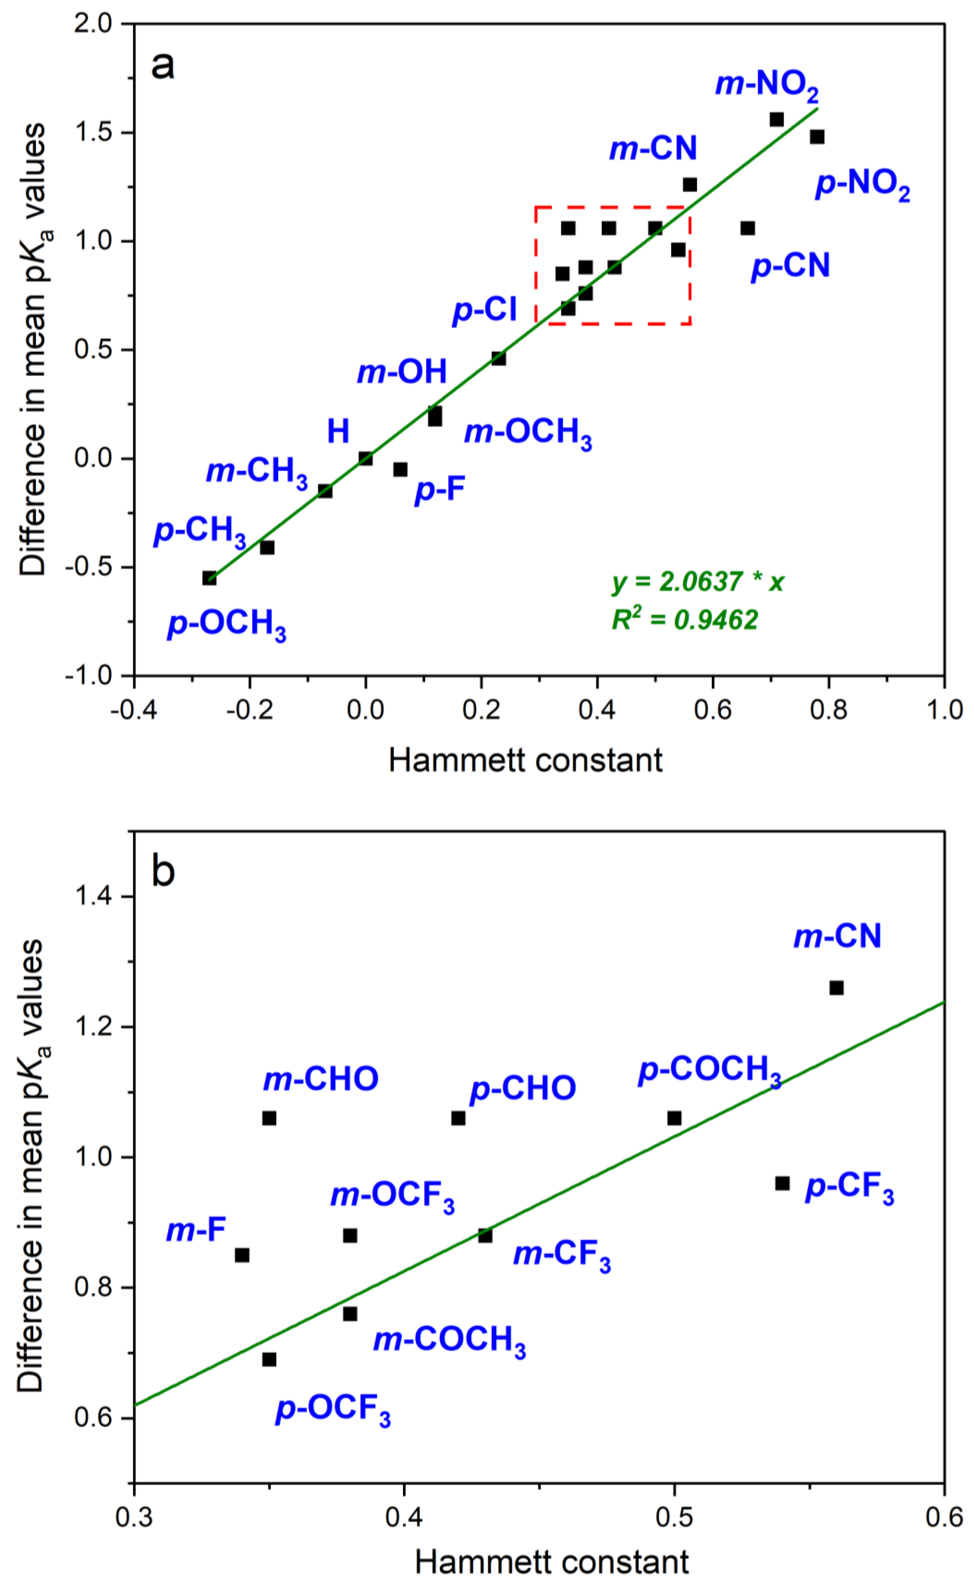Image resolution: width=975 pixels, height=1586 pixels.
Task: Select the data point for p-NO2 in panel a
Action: click(817, 137)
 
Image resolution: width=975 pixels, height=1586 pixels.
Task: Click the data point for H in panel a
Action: click(366, 458)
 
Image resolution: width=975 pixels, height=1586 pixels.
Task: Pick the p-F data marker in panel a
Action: click(401, 469)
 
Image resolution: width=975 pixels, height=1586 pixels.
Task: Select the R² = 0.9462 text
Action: click(685, 619)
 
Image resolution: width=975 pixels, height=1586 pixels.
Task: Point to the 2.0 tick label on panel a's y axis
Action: click(94, 24)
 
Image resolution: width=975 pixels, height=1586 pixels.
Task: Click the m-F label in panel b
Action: click(196, 1230)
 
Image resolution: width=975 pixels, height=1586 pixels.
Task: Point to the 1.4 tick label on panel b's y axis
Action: click(94, 897)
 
